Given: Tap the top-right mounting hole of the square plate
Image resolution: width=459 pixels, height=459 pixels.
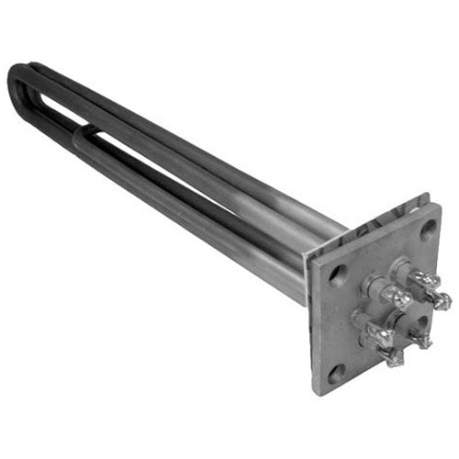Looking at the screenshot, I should point(428,229).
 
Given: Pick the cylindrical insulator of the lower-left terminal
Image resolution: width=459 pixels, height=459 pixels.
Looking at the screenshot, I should point(363,321).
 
